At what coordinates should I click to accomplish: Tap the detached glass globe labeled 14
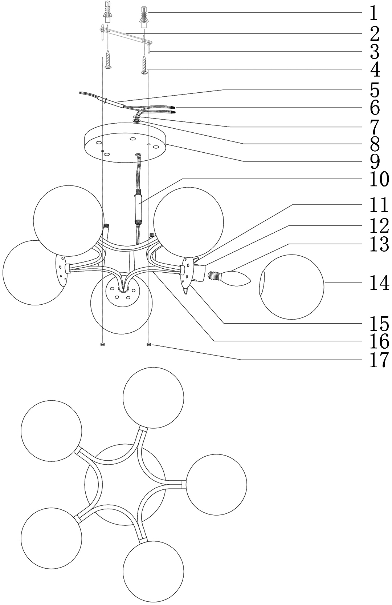point(292,287)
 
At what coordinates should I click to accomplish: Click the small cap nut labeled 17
point(149,344)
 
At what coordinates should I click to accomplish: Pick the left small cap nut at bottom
point(102,344)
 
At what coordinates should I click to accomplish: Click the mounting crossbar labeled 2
point(127,35)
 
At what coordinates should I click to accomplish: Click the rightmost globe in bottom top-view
point(216,484)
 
